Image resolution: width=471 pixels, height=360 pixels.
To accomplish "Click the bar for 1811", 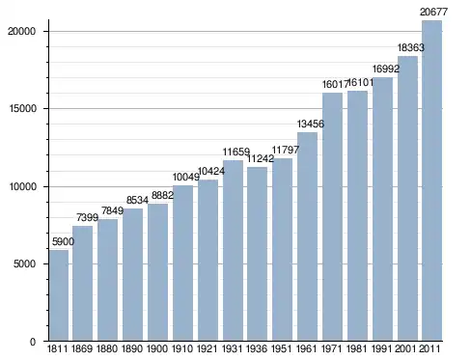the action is coord(59,295).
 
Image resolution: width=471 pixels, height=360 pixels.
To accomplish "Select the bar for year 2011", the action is coord(432,180).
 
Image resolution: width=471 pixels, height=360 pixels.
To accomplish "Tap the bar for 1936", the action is coord(257,254).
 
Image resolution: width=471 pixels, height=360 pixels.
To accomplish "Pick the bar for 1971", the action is coord(332,217).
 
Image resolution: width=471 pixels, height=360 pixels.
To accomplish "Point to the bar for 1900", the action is coord(157,272).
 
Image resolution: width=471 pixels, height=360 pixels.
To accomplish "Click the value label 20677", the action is coord(433,13).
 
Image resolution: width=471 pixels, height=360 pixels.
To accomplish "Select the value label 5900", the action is coord(63,241).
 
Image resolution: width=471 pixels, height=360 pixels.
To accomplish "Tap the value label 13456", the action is coord(311,124).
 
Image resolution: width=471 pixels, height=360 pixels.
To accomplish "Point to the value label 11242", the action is coord(261,158).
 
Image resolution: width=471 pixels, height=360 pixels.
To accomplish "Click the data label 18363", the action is coord(411,47).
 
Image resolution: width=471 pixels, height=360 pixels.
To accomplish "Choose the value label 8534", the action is coord(137,200).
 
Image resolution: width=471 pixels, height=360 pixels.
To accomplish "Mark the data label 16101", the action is coord(361,83).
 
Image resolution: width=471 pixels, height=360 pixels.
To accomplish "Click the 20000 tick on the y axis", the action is coord(21,31).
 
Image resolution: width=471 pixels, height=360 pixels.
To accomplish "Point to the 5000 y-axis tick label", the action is coord(24,263).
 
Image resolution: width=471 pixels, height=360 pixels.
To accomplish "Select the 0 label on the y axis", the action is coord(33,342).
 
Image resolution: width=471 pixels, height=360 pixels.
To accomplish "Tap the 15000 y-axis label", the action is coord(22,109).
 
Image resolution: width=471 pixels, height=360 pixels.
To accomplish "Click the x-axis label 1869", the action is coord(82,348).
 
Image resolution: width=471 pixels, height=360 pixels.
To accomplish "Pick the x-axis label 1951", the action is coord(282,348).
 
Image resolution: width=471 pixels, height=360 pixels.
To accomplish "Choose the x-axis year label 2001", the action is coord(406,348).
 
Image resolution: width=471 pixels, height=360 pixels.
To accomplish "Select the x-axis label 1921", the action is coord(207,348).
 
